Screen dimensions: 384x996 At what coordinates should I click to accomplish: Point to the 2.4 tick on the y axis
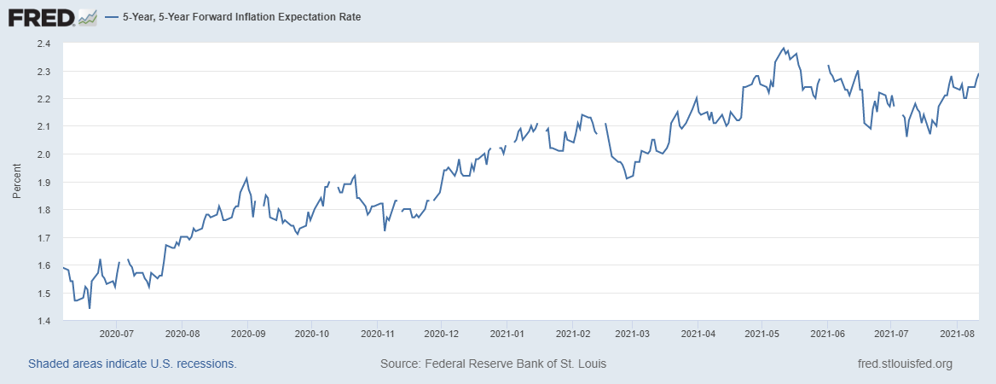43,44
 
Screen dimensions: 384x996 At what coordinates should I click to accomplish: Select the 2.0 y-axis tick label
43,154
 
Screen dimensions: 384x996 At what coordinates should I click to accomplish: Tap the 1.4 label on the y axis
43,321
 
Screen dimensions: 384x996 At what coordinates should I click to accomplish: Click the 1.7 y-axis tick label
43,237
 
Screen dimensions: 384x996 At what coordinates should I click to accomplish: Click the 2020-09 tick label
246,335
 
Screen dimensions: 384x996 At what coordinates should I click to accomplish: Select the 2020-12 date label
442,335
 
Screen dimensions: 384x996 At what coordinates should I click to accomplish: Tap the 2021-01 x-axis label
507,335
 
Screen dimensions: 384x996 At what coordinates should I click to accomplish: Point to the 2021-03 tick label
633,335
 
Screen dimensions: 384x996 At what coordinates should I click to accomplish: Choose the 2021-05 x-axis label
762,335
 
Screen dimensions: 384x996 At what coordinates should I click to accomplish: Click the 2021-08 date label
957,335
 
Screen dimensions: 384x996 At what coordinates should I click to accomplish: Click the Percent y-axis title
17,182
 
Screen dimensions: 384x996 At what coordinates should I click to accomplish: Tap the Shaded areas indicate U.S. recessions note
132,364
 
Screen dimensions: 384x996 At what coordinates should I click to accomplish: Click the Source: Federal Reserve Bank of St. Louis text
493,364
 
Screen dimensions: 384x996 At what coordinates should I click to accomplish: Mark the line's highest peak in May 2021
784,49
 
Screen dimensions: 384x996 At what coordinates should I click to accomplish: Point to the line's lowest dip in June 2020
90,308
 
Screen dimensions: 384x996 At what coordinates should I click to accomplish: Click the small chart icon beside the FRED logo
88,16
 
